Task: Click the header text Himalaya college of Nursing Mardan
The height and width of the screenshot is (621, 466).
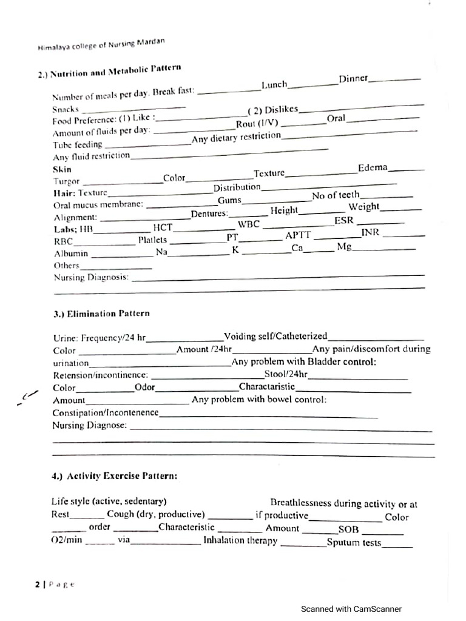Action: tap(100, 44)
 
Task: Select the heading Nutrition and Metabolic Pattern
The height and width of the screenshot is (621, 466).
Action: tap(109, 72)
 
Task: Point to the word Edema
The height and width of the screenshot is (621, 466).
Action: tap(373, 167)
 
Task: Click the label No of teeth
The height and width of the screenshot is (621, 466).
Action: tap(336, 195)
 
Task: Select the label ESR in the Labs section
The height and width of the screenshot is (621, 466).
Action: tap(344, 221)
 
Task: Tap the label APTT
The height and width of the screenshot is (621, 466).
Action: tap(298, 235)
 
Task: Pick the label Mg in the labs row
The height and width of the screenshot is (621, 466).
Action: tap(344, 247)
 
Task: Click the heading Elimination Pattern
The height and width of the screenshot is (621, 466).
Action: tap(101, 314)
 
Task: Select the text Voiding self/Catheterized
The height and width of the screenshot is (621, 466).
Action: tap(275, 336)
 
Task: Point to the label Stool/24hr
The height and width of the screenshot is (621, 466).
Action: tap(286, 374)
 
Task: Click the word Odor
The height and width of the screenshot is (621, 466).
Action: tap(145, 388)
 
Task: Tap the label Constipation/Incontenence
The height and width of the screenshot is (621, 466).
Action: tap(106, 413)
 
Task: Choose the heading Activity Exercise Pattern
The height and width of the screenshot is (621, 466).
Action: tap(115, 477)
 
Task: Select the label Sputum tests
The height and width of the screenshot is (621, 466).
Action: tap(354, 543)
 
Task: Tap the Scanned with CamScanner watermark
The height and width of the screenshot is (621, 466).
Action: tap(351, 609)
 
